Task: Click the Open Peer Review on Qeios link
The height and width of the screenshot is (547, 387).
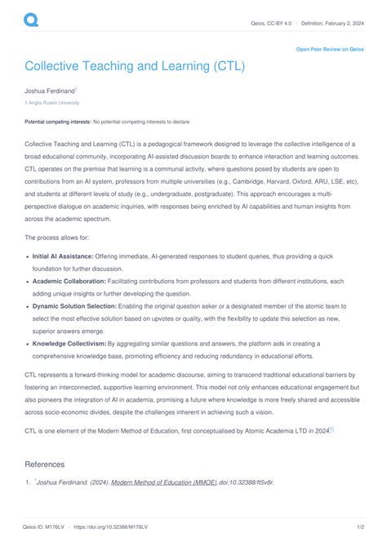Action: click(x=328, y=50)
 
